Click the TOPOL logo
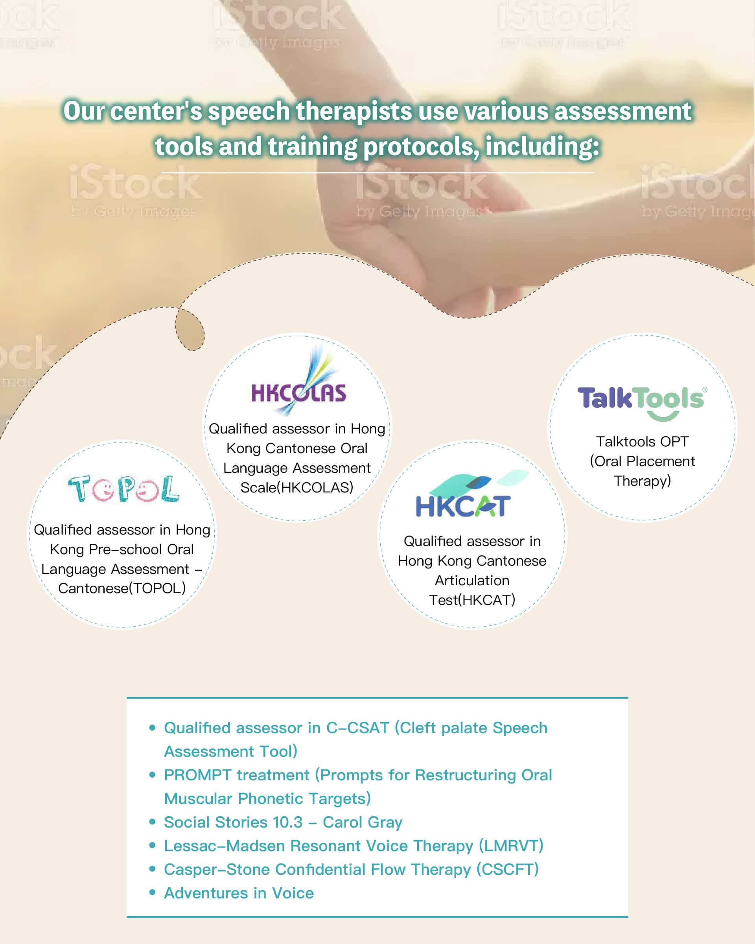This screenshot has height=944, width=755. coord(123,489)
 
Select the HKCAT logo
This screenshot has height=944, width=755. coord(471,494)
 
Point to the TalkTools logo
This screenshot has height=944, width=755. coord(642,403)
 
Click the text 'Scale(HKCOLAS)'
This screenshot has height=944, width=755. coord(297,487)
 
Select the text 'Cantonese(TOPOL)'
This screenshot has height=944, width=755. coord(122,588)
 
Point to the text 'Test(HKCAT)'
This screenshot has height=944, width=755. coord(472,600)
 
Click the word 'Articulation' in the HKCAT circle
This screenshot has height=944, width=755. coord(472,580)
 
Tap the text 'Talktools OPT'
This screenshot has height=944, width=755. coord(642,441)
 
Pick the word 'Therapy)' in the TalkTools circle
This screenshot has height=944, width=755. coord(642,481)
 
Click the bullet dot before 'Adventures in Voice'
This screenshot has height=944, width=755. coord(152,892)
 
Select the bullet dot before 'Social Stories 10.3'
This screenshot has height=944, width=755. coord(152,821)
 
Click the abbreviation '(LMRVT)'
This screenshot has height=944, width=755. coord(511,846)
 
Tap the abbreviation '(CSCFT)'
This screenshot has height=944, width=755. coord(507,869)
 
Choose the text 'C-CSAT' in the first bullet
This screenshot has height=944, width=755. coord(357,728)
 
